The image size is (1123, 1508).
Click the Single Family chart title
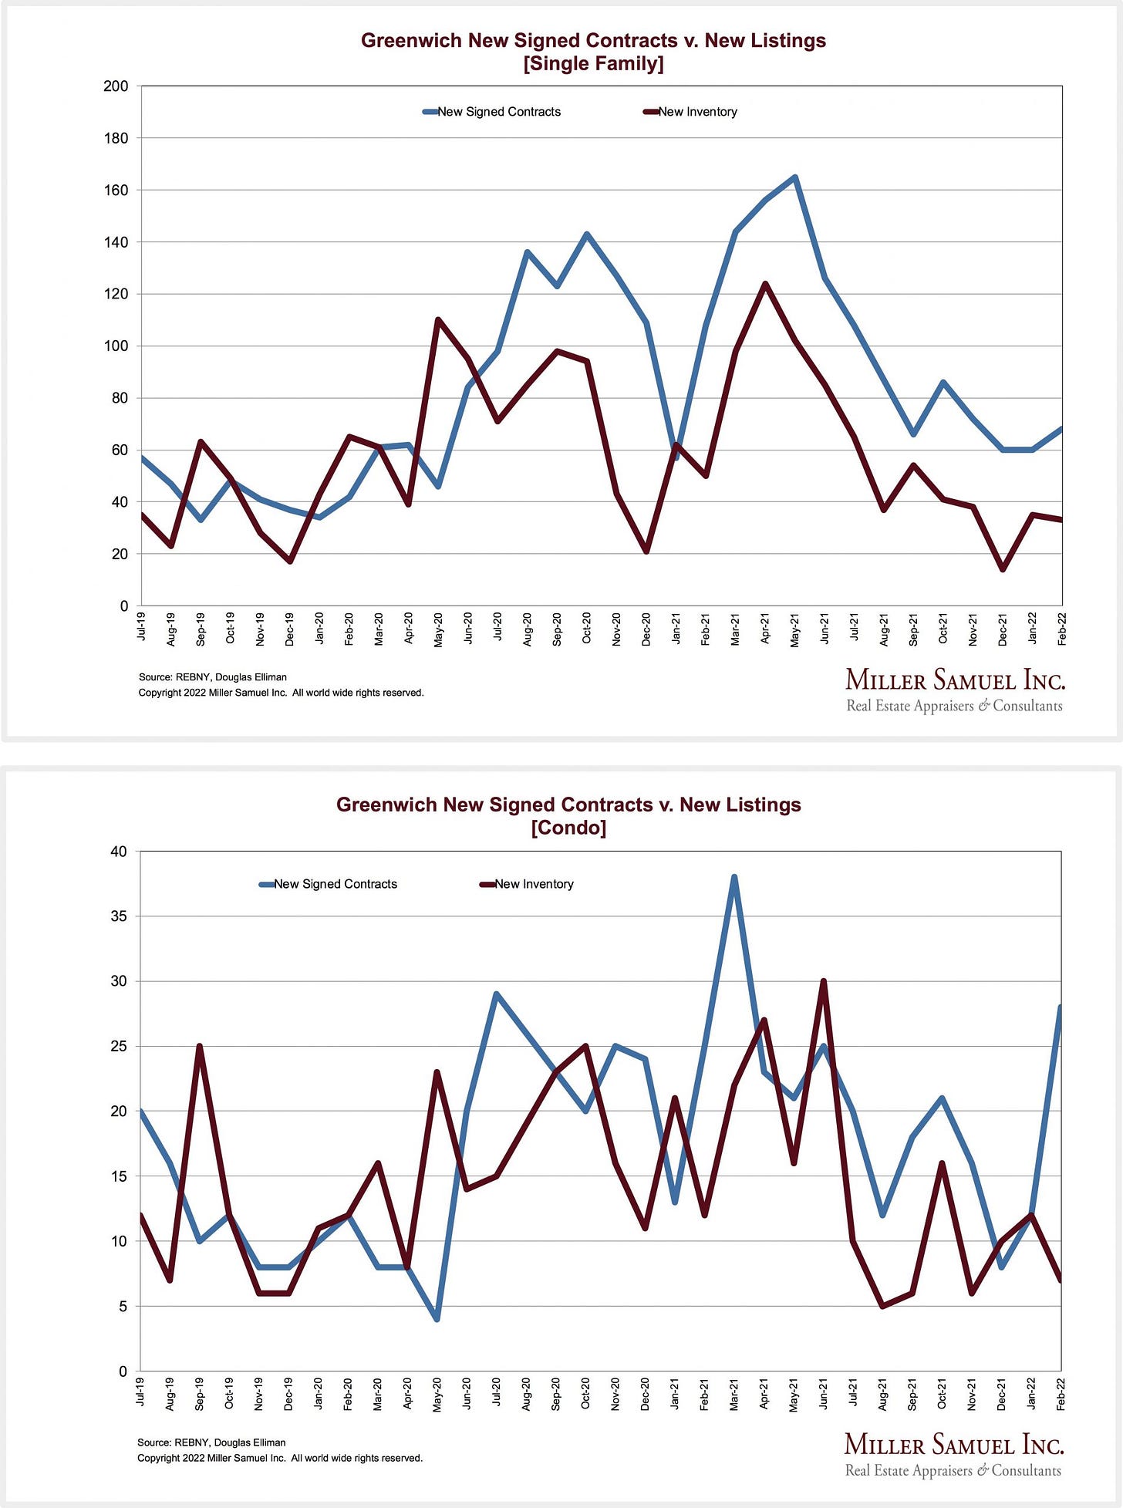pos(593,52)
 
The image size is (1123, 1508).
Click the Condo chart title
pos(568,816)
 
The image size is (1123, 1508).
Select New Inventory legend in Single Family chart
pos(690,112)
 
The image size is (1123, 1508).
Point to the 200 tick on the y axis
pos(116,86)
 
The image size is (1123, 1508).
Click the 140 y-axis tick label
pos(116,242)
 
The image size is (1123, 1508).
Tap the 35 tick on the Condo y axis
pos(119,916)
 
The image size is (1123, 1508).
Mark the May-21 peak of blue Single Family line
pos(795,177)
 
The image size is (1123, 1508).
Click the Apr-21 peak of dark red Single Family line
pos(765,284)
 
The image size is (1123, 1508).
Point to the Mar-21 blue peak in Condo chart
pos(734,877)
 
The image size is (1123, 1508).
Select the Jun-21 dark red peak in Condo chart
pos(824,981)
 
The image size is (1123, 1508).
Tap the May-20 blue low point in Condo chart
pos(437,1319)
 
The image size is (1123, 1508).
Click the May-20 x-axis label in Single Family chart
pos(438,629)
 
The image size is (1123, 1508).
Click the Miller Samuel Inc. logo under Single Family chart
pos(955,690)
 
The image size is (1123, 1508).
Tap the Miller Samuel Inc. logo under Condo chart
pos(954,1455)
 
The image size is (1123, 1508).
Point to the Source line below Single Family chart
pos(213,677)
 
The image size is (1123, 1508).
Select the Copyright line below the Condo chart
pos(280,1458)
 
